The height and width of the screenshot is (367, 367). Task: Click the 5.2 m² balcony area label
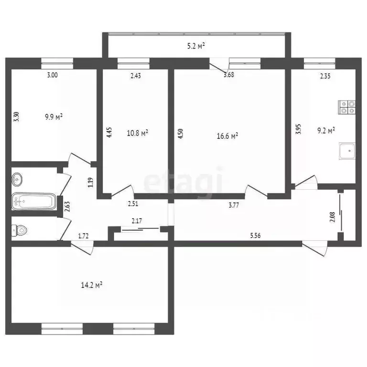pyautogui.click(x=196, y=46)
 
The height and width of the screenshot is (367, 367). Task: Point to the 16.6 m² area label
pyautogui.click(x=227, y=136)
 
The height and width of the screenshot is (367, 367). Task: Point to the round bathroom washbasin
pyautogui.click(x=18, y=180)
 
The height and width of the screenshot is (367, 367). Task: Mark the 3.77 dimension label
pyautogui.click(x=234, y=205)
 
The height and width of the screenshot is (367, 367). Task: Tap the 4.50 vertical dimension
pyautogui.click(x=180, y=132)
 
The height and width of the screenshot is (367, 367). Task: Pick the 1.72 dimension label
pyautogui.click(x=85, y=236)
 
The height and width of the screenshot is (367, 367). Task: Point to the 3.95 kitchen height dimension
pyautogui.click(x=298, y=130)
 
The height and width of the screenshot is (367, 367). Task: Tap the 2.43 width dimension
pyautogui.click(x=135, y=75)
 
